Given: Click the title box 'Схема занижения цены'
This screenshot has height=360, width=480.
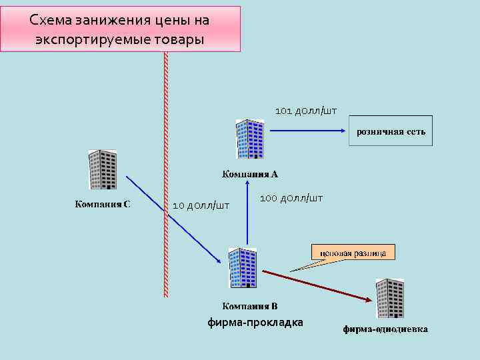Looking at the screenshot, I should coord(120,29).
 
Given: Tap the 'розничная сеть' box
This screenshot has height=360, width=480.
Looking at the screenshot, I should coord(391,131).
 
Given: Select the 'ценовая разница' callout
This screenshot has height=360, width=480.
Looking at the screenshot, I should coord(353,252).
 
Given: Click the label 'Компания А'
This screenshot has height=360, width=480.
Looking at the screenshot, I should coord(250,175).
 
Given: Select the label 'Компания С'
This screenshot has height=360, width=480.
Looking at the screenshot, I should coord(102,204).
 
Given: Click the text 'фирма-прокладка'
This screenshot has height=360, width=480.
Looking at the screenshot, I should coord(255,323).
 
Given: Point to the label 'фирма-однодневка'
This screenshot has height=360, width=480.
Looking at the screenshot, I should coord(385,329).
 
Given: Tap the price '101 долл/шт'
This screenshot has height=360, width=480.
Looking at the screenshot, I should coord(306,111).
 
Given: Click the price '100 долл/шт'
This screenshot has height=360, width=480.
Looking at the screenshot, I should coord(291,198).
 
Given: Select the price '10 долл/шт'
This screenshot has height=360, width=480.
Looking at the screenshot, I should coord(201,205).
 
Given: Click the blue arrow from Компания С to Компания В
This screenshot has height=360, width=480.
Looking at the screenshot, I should coord(173,220).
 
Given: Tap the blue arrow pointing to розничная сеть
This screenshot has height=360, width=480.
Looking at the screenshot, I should coord(307,131).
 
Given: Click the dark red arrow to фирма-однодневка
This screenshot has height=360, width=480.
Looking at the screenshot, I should coord(317,286).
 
